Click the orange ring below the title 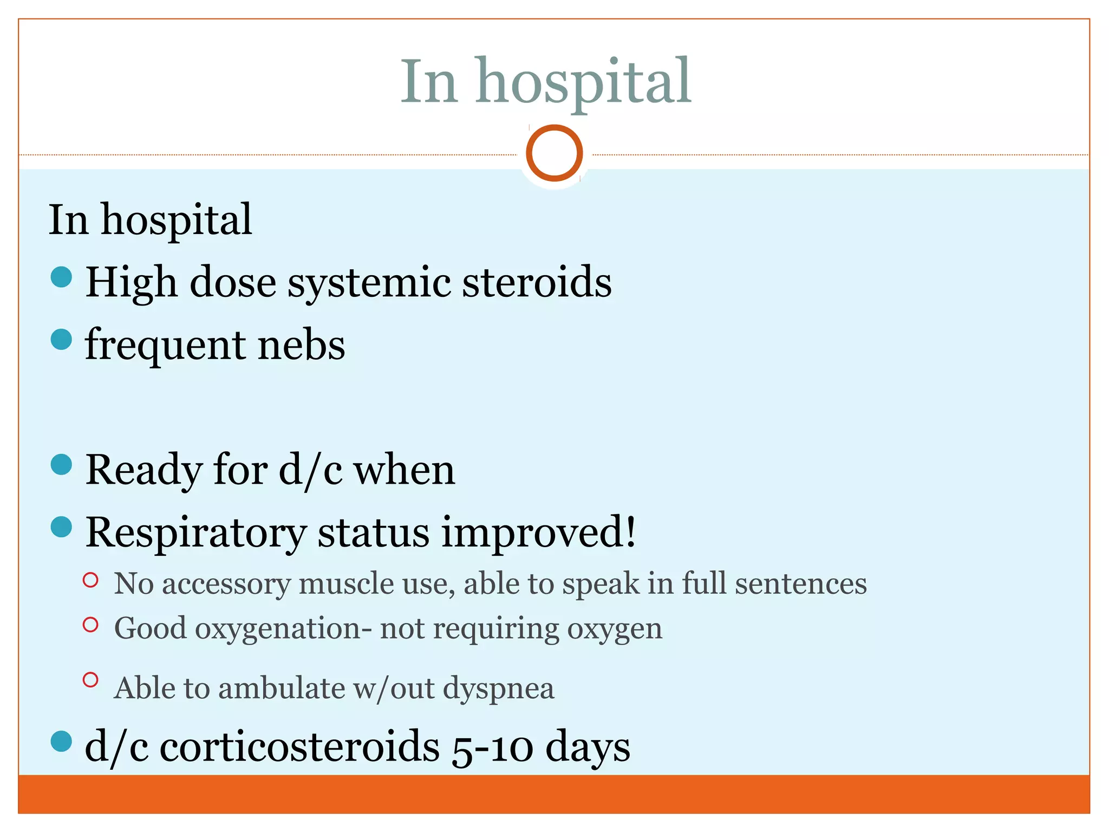click(x=554, y=153)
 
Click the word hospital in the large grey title click(x=583, y=82)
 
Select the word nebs click(x=301, y=345)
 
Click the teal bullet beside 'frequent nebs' click(x=61, y=340)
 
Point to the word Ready click(x=143, y=470)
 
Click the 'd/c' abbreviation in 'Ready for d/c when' click(x=310, y=470)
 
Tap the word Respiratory click(x=195, y=533)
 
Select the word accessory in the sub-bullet click(x=226, y=584)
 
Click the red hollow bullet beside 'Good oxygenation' click(x=90, y=625)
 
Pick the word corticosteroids click(x=299, y=746)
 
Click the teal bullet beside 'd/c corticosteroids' click(x=61, y=742)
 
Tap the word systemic click(x=369, y=283)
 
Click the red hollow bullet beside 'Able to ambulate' click(x=90, y=680)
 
